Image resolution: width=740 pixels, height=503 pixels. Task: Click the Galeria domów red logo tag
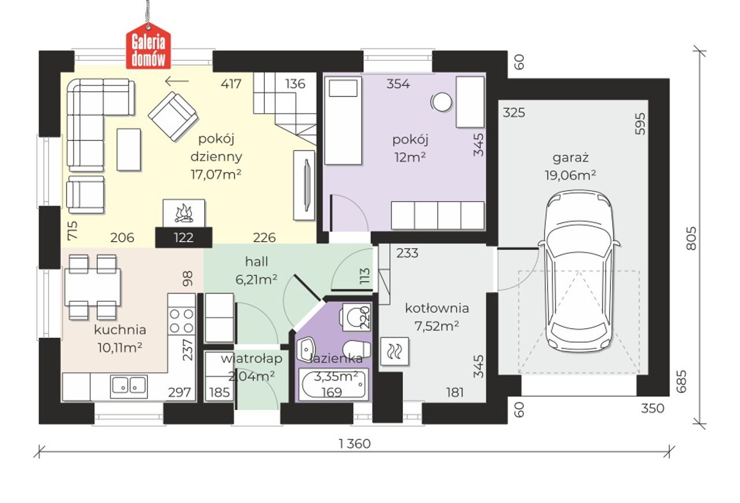pos(149,47)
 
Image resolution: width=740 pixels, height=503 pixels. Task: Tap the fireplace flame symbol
pos(184,213)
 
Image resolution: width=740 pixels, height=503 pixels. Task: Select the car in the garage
pos(579,271)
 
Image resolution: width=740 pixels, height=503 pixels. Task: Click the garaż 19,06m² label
pos(571,167)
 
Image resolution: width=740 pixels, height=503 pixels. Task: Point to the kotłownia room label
pos(436,308)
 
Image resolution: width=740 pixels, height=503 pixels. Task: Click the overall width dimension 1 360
pos(355,443)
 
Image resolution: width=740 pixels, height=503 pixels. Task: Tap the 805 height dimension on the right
pos(691,238)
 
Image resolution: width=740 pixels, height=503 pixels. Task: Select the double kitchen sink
pos(129,387)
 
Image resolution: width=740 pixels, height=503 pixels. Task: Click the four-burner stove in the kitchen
pos(182,320)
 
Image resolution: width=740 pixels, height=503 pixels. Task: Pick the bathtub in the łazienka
pos(334,385)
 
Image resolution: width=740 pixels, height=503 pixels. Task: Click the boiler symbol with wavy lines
pos(395,352)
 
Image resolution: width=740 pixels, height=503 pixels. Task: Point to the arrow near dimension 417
pos(177,81)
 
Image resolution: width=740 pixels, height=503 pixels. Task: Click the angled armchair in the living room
pos(173,116)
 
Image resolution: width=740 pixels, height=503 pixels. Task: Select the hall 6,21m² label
pos(256,271)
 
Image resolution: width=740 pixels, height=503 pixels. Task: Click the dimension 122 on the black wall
pos(184,238)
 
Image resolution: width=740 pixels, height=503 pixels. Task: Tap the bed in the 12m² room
pos(343,121)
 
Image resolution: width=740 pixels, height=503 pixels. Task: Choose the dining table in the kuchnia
pos(92,287)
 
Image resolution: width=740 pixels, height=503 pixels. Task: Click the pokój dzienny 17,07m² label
pos(216,156)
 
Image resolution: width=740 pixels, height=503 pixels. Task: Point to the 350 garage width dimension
pos(653,409)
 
